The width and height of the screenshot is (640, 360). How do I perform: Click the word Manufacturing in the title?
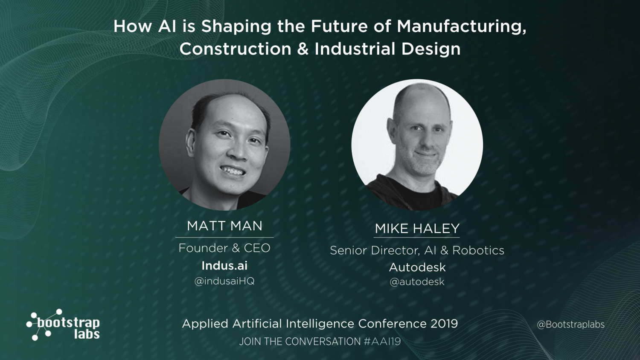[x=461, y=26]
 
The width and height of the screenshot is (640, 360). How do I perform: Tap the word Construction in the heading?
[x=235, y=49]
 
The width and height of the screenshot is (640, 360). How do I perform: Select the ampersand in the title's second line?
[x=303, y=49]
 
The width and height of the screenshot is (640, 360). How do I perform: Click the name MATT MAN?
[x=224, y=226]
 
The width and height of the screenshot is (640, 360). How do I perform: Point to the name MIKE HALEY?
[x=417, y=229]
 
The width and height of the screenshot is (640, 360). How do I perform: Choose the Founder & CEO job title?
[x=224, y=248]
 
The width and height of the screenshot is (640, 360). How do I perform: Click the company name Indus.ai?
[x=224, y=266]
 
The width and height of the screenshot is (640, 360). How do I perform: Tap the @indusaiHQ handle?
[x=224, y=281]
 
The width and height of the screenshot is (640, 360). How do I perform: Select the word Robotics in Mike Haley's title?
[x=478, y=250]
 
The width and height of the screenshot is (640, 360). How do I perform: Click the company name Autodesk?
[x=417, y=267]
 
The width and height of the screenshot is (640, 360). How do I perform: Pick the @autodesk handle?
[x=417, y=282]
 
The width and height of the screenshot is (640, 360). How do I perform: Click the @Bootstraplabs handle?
[x=570, y=325]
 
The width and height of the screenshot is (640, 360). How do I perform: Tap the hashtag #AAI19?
[x=382, y=342]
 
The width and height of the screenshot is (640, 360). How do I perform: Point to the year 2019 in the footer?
[x=444, y=324]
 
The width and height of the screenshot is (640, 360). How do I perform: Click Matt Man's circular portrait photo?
[x=224, y=145]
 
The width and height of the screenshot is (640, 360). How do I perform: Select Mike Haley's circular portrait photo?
[x=417, y=145]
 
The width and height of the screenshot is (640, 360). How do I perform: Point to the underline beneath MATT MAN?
[x=224, y=237]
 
